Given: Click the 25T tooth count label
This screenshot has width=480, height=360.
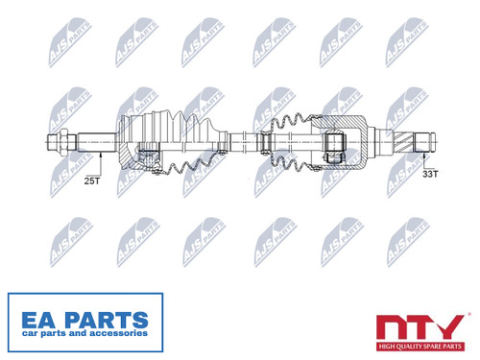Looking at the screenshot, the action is tap(92, 180).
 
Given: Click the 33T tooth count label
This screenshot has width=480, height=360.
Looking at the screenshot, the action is tap(430, 174).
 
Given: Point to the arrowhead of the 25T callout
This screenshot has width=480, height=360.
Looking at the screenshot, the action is tap(101, 156).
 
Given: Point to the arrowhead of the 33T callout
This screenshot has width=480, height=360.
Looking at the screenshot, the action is tap(424, 156).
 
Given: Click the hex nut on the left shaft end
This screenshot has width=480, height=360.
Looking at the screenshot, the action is tap(63, 142).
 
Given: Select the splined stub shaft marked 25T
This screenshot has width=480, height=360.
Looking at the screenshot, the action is tap(96, 142).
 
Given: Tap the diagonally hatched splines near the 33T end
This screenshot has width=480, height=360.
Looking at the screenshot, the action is tap(403, 142).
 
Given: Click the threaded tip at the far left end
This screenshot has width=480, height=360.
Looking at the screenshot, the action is tap(53, 142).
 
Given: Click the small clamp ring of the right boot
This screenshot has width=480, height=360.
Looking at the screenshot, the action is tap(265, 142).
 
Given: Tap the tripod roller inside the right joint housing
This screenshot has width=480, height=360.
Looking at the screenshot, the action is tap(335, 142).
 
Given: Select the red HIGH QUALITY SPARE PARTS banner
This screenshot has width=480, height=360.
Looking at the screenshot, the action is tap(420, 347).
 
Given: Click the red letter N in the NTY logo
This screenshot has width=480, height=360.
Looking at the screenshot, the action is tap(391, 327).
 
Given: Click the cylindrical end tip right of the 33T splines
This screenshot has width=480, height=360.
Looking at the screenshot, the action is tap(425, 142).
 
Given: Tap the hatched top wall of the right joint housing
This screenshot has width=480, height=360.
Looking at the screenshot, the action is tap(339, 121).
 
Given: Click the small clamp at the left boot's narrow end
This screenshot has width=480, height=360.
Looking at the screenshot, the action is tap(223, 142).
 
